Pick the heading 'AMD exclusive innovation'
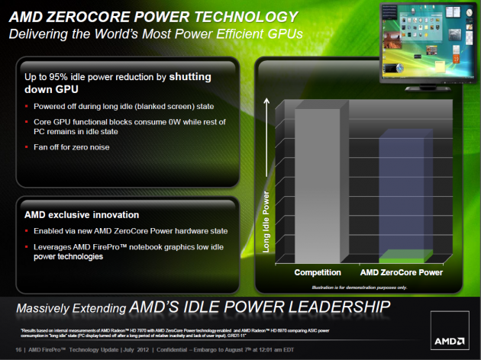click(79, 215)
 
